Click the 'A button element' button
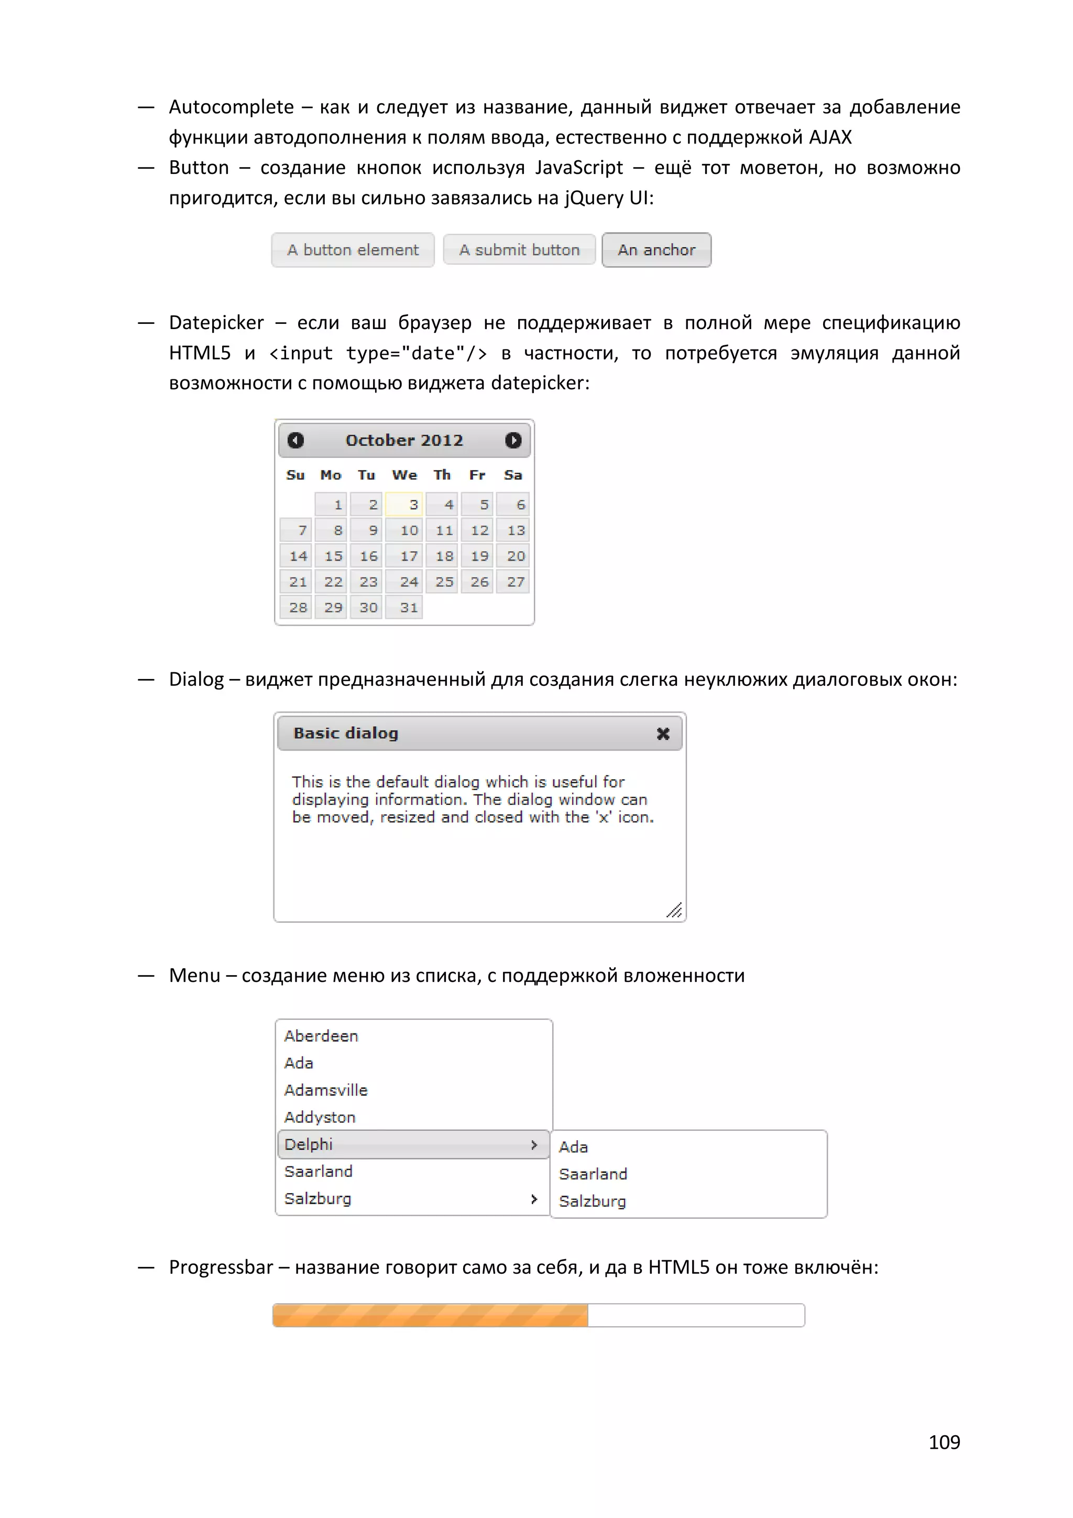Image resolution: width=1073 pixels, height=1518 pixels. (353, 250)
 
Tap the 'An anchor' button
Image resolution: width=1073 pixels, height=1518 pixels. (656, 250)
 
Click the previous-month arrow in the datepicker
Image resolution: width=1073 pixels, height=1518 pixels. (295, 440)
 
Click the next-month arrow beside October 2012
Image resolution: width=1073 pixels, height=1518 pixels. (513, 440)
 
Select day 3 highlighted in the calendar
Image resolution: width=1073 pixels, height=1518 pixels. (404, 505)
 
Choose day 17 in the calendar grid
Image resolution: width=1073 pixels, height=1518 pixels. (404, 556)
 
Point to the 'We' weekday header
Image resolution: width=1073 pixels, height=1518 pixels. (404, 475)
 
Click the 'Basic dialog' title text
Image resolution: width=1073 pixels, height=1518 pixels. (346, 733)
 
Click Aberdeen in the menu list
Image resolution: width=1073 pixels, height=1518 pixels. (321, 1036)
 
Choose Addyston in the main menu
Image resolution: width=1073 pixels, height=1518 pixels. (320, 1117)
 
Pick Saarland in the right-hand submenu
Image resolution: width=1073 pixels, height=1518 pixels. (593, 1174)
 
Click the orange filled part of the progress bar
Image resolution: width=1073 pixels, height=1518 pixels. (430, 1315)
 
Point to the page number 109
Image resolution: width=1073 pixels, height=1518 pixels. (944, 1442)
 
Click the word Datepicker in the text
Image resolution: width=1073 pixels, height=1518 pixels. (216, 323)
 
